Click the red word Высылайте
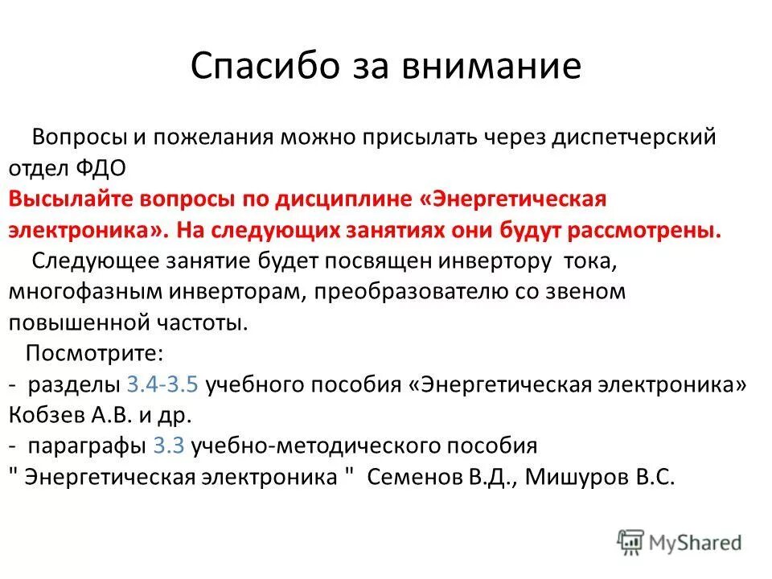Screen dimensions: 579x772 click(x=69, y=199)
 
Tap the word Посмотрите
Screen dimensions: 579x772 click(x=95, y=354)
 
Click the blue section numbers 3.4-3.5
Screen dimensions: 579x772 click(x=163, y=384)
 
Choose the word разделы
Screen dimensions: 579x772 click(x=75, y=384)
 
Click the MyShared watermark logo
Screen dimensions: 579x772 click(x=680, y=541)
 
